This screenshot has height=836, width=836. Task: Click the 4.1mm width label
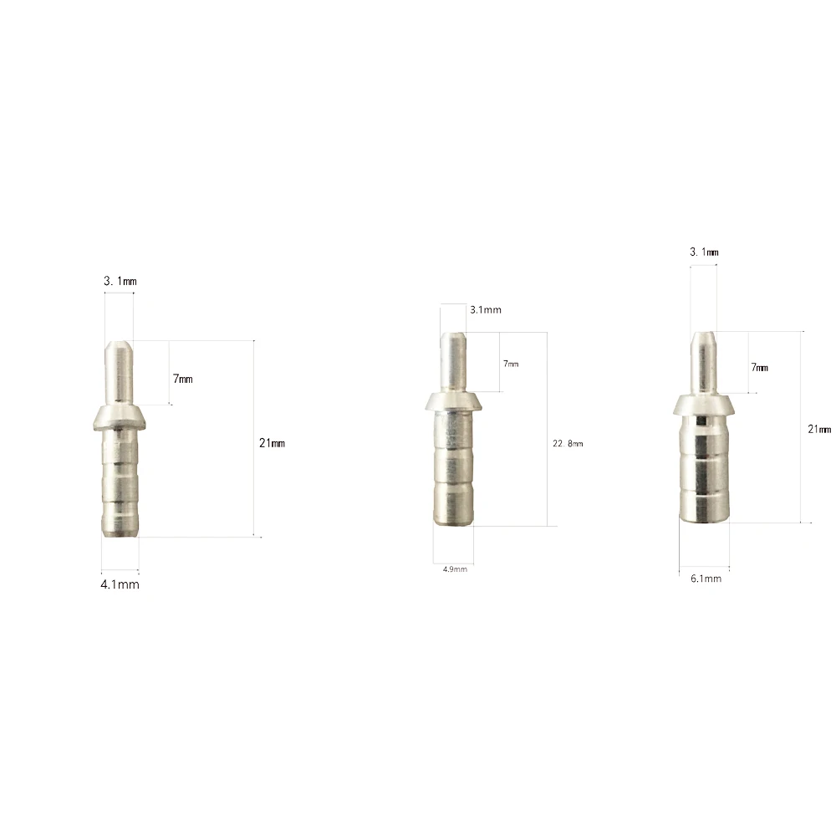(x=120, y=584)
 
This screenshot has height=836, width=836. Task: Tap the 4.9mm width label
(x=455, y=569)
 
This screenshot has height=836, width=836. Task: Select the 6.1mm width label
(x=706, y=579)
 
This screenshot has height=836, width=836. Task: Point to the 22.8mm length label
(x=568, y=444)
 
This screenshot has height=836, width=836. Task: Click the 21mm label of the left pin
(x=272, y=443)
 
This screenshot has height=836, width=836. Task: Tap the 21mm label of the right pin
(x=819, y=429)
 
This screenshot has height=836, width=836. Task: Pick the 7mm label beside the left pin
(x=183, y=379)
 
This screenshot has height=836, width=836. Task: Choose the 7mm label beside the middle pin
(x=511, y=364)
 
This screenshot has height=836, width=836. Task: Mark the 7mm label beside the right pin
(x=760, y=367)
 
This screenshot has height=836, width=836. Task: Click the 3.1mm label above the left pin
(x=120, y=281)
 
